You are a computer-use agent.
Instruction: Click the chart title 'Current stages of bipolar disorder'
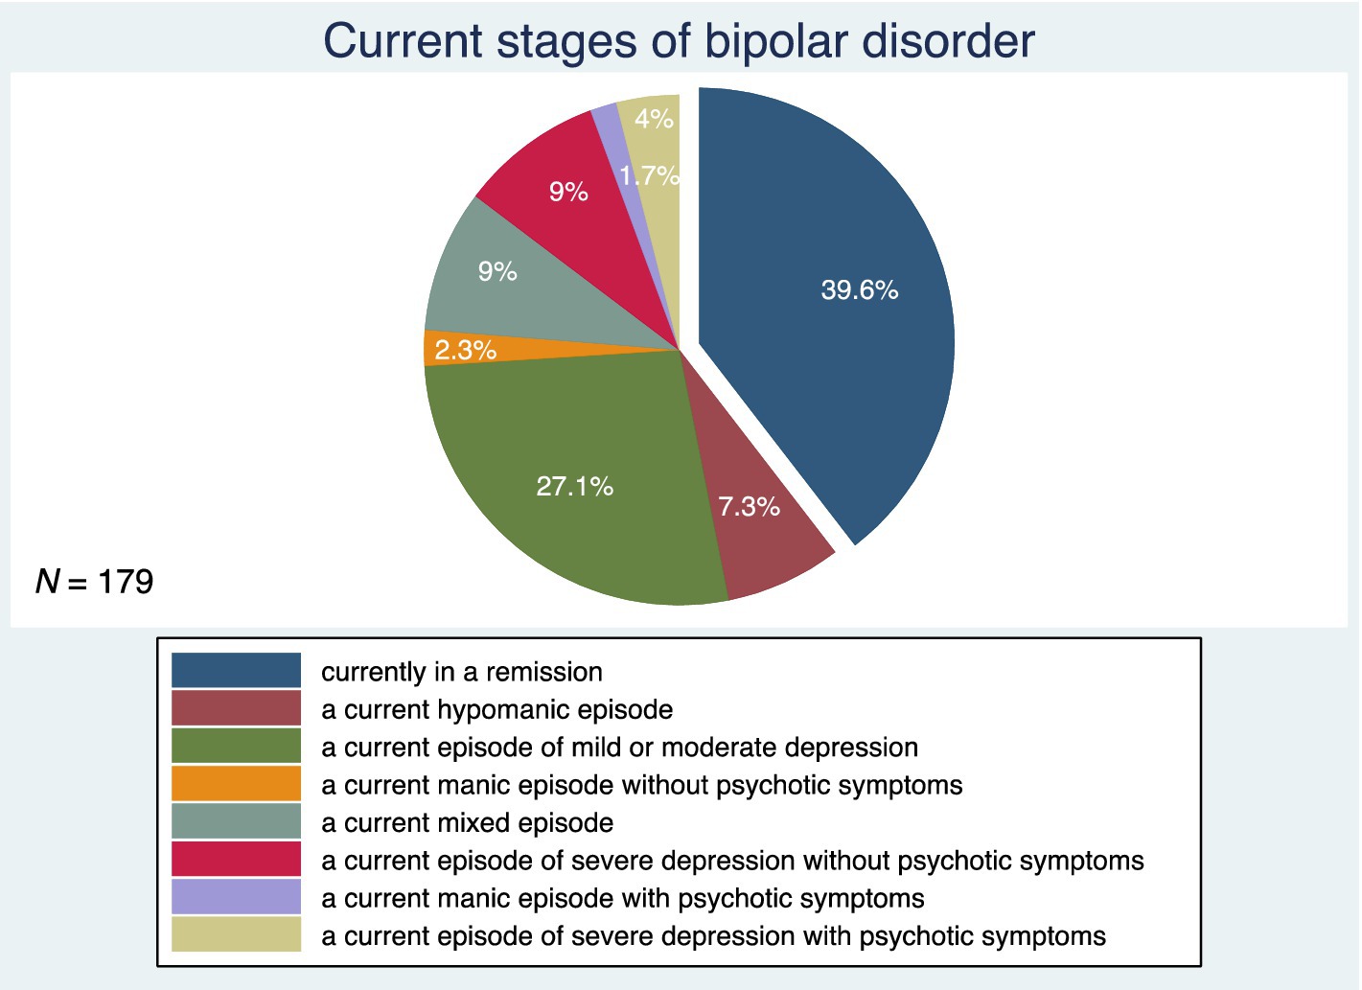click(x=679, y=41)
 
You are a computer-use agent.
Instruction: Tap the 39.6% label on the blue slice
click(x=859, y=289)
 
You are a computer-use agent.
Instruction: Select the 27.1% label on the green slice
click(x=574, y=486)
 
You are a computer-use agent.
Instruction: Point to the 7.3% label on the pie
click(x=750, y=506)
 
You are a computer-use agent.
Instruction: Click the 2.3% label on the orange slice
click(x=465, y=350)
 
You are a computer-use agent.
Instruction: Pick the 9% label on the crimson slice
click(x=568, y=192)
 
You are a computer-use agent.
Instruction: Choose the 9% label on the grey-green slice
click(x=497, y=271)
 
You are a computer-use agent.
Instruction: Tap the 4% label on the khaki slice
click(x=655, y=119)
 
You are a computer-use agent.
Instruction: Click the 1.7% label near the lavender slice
click(x=649, y=175)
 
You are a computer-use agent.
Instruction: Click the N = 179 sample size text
click(x=94, y=582)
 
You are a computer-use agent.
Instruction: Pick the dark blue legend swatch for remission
click(x=236, y=670)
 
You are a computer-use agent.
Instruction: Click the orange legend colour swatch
click(x=236, y=783)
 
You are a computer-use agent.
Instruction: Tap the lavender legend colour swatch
click(x=236, y=896)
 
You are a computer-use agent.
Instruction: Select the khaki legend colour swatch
click(x=236, y=934)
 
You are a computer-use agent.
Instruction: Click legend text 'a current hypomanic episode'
click(x=496, y=710)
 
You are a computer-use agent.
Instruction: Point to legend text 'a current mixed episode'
click(x=467, y=823)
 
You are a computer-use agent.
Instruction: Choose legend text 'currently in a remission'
click(x=461, y=673)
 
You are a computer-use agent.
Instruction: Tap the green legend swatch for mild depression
click(x=236, y=746)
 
